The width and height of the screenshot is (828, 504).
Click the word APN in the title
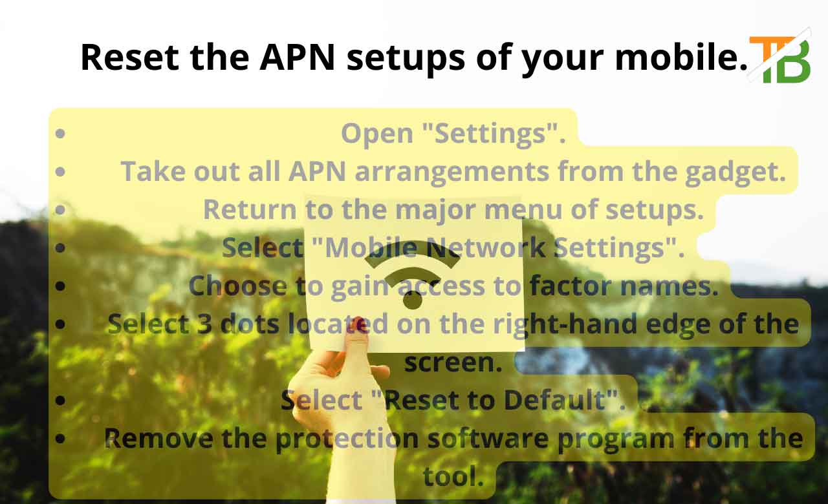[x=297, y=58]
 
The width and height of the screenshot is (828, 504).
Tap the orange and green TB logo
[x=780, y=59]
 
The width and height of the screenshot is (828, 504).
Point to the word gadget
[x=735, y=172]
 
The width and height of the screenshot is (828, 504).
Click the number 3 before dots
[x=204, y=324]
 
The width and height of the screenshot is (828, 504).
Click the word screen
[x=453, y=363]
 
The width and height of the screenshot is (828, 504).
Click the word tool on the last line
[x=453, y=476]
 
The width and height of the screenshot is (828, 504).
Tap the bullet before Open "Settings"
[x=60, y=133]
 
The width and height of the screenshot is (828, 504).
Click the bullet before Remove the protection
[x=60, y=438]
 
